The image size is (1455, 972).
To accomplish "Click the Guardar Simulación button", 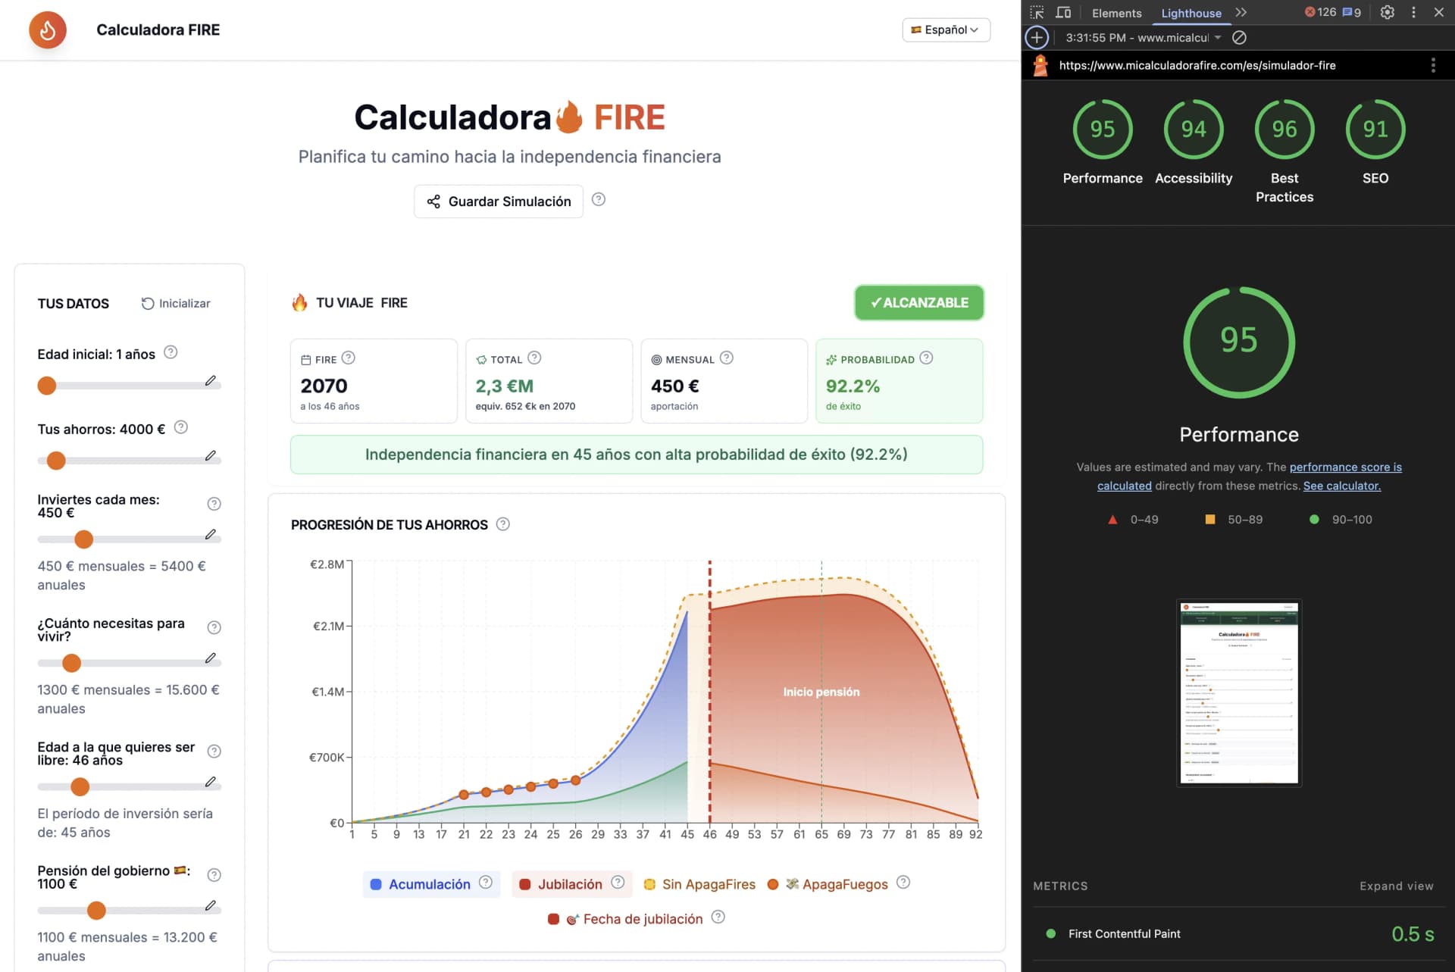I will click(x=499, y=202).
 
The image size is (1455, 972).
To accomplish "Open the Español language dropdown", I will click(x=946, y=30).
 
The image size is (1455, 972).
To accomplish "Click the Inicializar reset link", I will click(x=176, y=303).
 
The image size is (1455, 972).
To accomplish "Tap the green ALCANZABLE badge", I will click(x=918, y=302).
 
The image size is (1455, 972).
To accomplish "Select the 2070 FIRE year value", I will click(x=324, y=386).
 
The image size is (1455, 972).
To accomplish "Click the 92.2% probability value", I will click(x=853, y=386).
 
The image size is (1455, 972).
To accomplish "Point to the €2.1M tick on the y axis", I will click(x=328, y=627).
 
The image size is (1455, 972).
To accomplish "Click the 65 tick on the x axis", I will click(x=821, y=834).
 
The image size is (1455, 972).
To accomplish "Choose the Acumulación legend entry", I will click(x=430, y=884).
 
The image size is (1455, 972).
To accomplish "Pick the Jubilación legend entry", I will click(x=569, y=884).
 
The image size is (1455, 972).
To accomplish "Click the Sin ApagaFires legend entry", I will click(x=708, y=884).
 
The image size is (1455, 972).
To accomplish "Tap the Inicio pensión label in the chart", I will click(x=821, y=692).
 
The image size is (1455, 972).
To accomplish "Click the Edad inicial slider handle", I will click(x=47, y=386).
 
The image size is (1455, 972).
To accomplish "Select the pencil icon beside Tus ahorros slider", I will click(x=211, y=456).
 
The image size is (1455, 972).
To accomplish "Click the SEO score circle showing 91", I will click(x=1375, y=130).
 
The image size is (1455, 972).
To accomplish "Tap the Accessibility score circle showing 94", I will click(x=1194, y=130).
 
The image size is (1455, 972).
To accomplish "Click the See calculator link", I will click(x=1341, y=486).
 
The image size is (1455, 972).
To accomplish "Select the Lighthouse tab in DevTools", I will click(x=1191, y=13).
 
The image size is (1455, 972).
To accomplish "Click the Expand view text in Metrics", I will click(x=1396, y=886).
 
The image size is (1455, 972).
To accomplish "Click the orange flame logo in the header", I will click(x=48, y=30).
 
